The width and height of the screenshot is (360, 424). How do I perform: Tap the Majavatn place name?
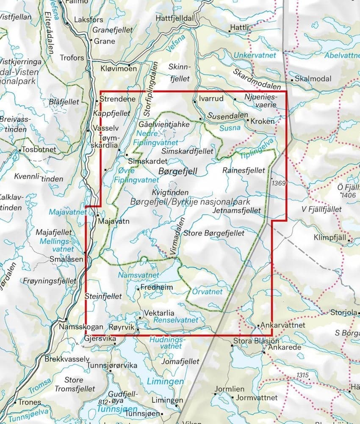point(113,221)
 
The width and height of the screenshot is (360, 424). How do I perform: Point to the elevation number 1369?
point(279,183)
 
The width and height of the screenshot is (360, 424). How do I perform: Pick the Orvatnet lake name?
point(207,292)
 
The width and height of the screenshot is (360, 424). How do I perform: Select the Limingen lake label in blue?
point(165,382)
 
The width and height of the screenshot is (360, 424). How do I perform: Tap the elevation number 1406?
point(349,195)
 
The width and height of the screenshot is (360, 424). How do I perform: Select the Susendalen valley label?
point(227,116)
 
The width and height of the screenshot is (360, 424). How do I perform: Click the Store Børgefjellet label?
point(218,233)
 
